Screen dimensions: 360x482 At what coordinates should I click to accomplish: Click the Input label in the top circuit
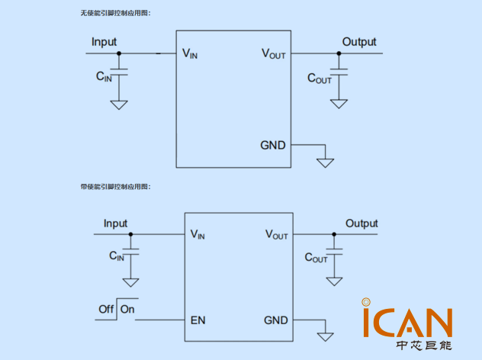pos(104,42)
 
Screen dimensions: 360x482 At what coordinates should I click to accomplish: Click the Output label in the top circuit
pos(358,42)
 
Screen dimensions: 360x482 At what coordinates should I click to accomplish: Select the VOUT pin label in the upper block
pos(274,53)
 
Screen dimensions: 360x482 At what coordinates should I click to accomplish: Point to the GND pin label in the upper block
pos(273,144)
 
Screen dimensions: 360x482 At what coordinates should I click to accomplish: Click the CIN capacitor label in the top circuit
pos(103,76)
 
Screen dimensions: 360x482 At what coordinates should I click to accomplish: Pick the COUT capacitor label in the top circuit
pos(320,78)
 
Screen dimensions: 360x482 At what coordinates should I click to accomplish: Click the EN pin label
pos(198,320)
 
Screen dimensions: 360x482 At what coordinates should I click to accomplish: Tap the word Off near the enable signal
pos(106,309)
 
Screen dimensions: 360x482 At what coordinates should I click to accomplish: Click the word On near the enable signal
pos(127,309)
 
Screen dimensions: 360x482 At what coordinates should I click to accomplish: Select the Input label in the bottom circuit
pos(115,223)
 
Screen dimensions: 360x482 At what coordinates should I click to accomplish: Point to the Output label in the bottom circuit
pos(361,223)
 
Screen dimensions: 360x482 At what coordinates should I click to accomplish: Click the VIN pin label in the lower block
pos(198,234)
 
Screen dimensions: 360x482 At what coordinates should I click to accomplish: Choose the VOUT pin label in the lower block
pos(276,234)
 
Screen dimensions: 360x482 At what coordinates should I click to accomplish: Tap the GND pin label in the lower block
pos(276,320)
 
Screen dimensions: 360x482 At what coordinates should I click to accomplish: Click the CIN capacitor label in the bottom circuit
pos(116,257)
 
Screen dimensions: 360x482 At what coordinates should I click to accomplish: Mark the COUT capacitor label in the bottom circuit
pos(316,258)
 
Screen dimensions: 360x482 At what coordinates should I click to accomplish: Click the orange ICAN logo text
pos(407,323)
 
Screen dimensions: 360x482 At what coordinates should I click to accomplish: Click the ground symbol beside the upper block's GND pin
pos(326,161)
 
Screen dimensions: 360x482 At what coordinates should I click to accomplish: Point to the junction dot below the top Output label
pos(339,53)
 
